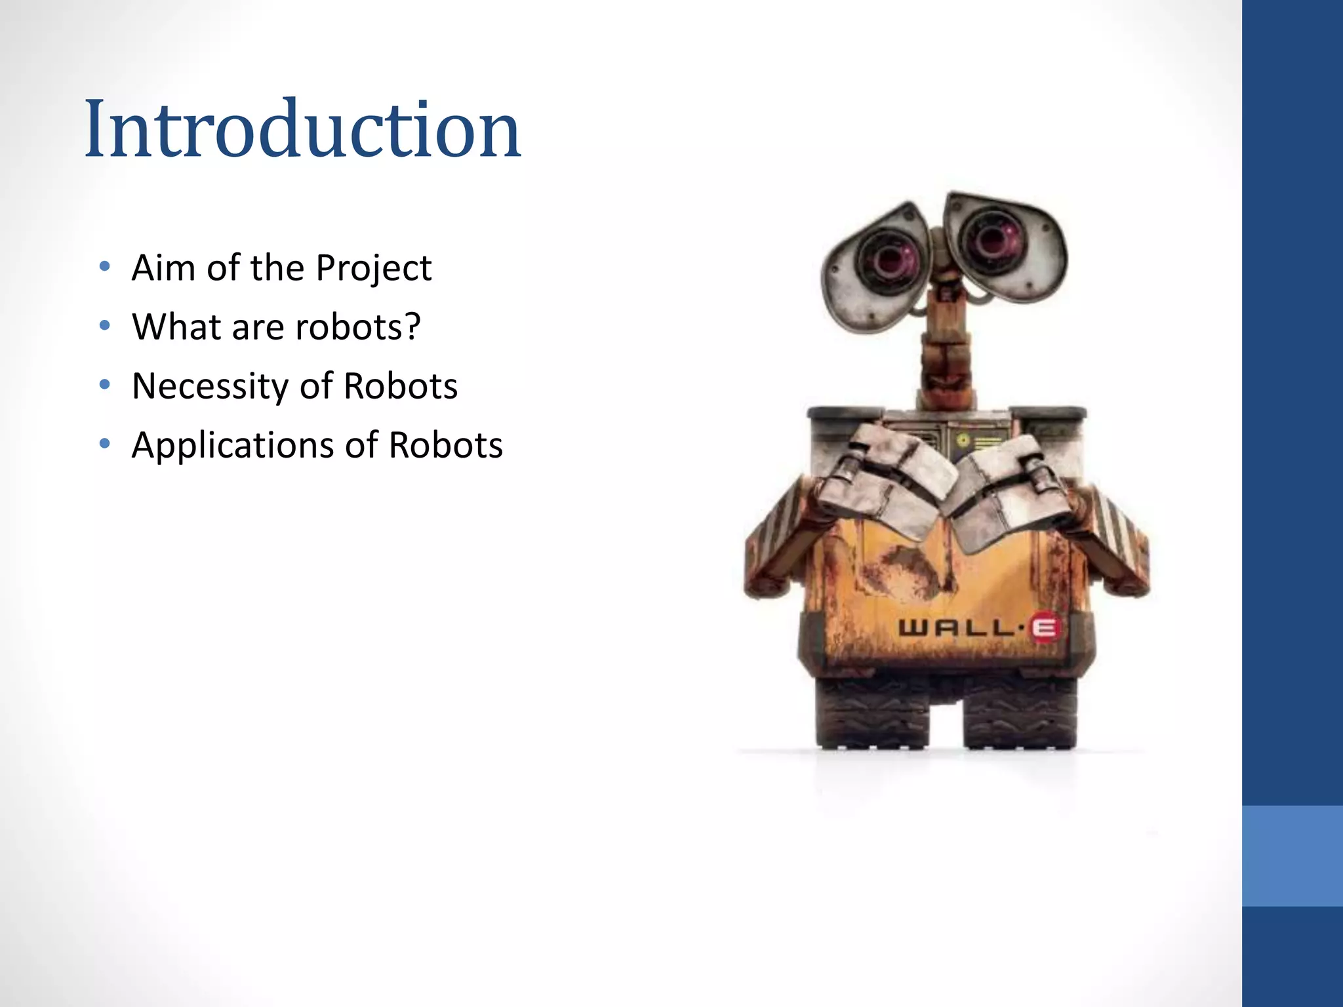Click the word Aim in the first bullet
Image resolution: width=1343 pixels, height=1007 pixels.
pyautogui.click(x=163, y=267)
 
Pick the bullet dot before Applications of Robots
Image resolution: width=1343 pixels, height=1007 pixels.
pyautogui.click(x=104, y=444)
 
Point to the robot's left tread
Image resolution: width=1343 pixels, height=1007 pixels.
pyautogui.click(x=872, y=715)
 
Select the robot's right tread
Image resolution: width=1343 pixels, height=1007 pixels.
pyautogui.click(x=1020, y=715)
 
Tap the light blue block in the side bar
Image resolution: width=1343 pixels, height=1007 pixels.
pyautogui.click(x=1292, y=856)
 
